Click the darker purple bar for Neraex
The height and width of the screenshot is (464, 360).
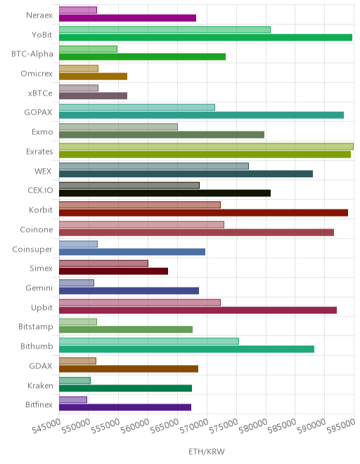(x=127, y=18)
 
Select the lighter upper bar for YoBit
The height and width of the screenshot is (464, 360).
(x=165, y=30)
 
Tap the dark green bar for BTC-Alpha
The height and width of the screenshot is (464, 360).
(x=143, y=57)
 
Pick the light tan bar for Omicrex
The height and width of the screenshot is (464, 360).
(x=79, y=68)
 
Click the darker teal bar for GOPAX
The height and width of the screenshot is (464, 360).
(x=201, y=115)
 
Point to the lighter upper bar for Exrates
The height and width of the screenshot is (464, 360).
(x=206, y=146)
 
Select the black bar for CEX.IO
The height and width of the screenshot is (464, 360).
(x=165, y=193)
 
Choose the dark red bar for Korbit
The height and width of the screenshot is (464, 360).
(x=204, y=213)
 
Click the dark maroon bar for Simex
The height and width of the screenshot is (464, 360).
(x=114, y=271)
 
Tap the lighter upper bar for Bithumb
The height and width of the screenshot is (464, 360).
(x=149, y=341)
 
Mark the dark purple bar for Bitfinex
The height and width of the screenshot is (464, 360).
(x=125, y=408)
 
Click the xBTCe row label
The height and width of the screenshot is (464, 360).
(x=40, y=94)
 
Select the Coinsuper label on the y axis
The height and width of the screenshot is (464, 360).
(x=32, y=250)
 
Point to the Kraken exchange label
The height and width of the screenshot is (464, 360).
(x=40, y=385)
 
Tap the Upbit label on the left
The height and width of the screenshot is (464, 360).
(x=41, y=308)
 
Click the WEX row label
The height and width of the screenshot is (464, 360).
(x=43, y=172)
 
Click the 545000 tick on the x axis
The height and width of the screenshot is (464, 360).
(x=46, y=426)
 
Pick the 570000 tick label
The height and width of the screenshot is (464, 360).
(x=193, y=426)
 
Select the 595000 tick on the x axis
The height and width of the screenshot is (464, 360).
(x=341, y=426)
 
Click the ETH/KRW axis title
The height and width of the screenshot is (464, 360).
(x=207, y=451)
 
